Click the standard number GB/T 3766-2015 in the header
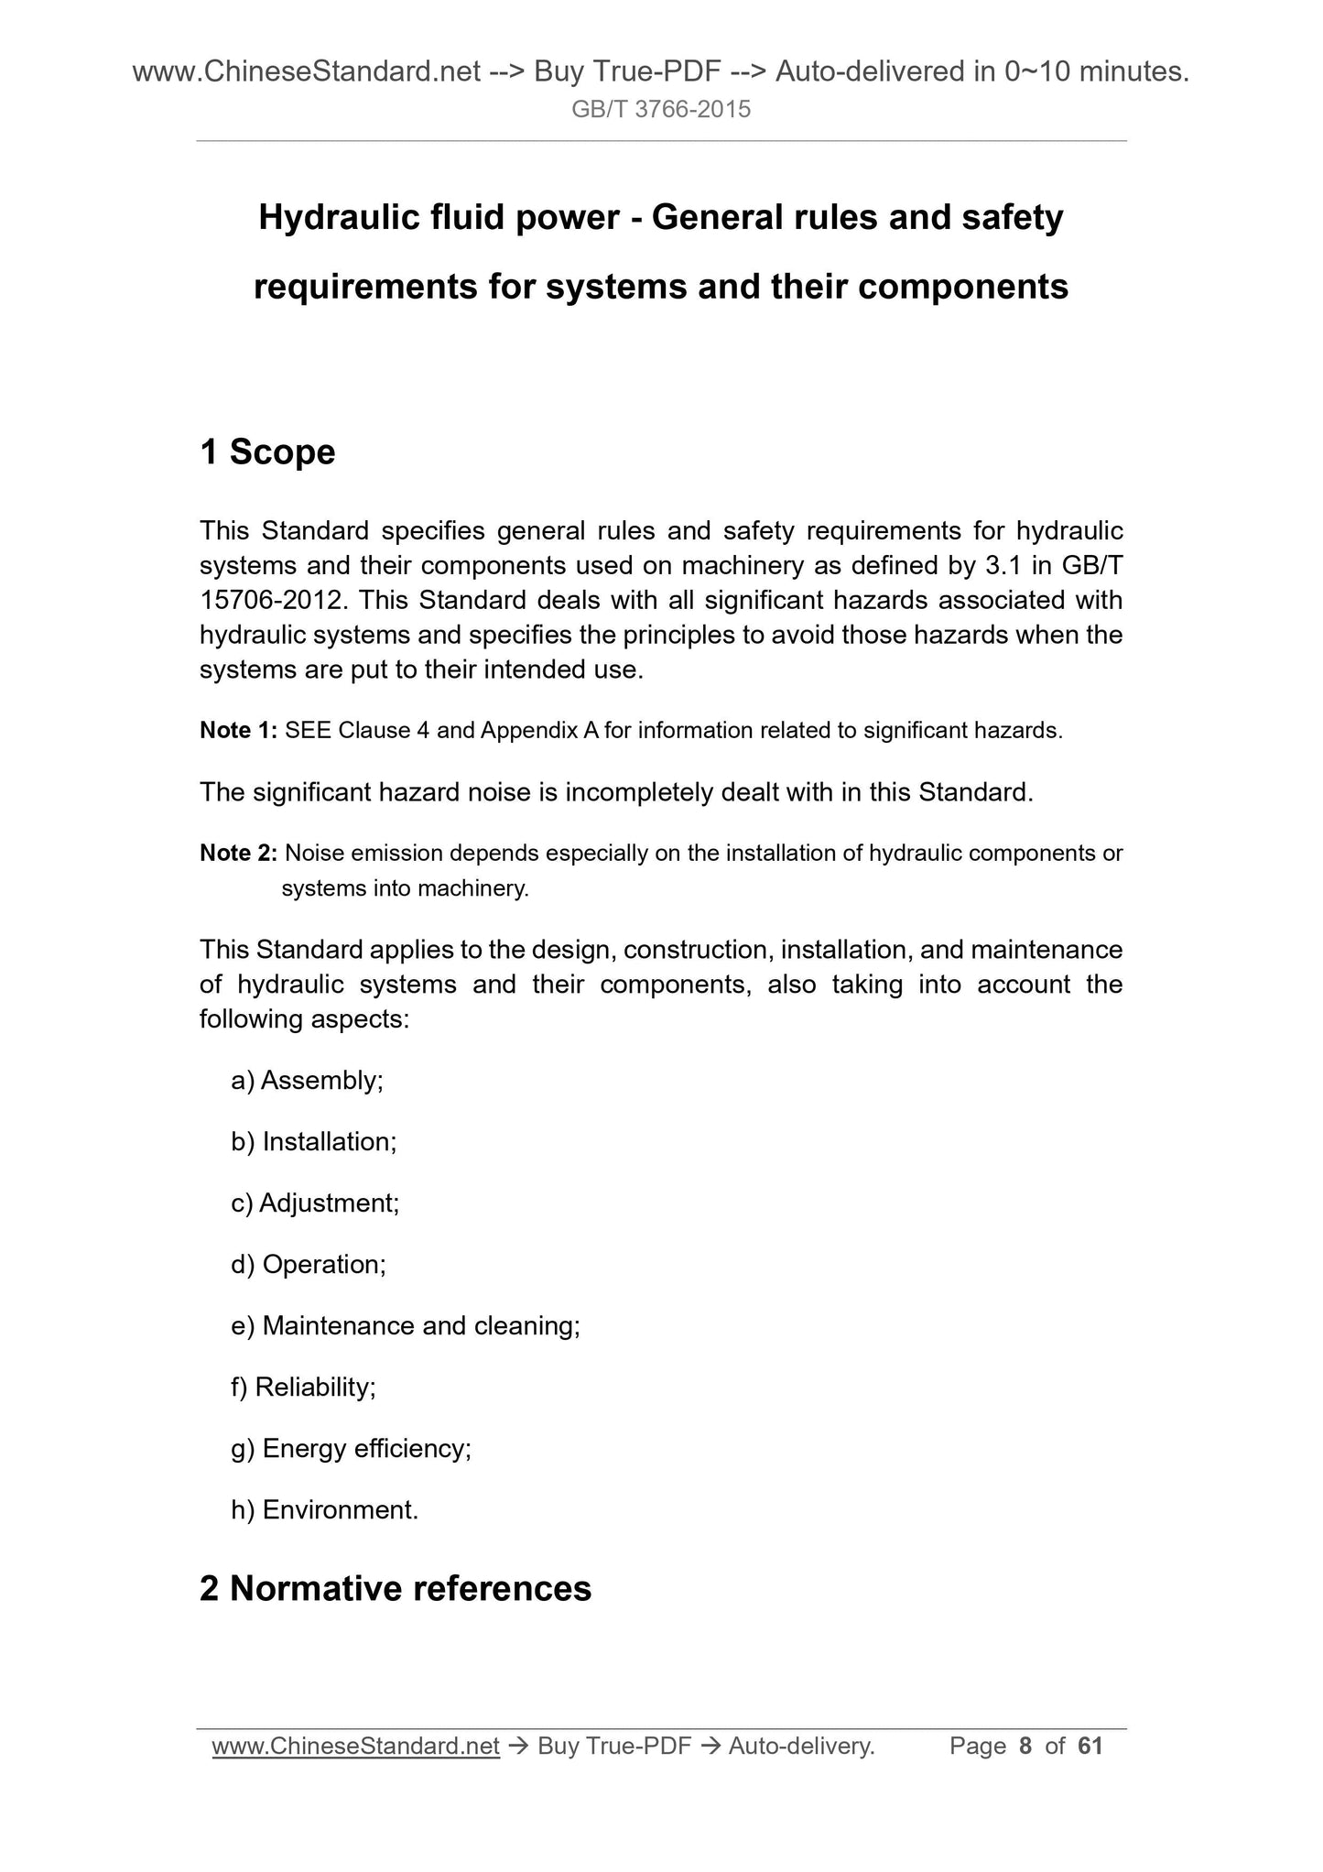661,110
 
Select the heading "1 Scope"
267,452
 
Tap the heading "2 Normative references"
396,1589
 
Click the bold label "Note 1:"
238,731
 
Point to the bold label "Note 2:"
238,854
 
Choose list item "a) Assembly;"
307,1081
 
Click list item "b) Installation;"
313,1142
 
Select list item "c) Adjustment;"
315,1203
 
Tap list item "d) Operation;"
309,1265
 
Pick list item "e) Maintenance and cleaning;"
406,1326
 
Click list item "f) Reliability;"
303,1388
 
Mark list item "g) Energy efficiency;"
351,1449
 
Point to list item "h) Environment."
324,1510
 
